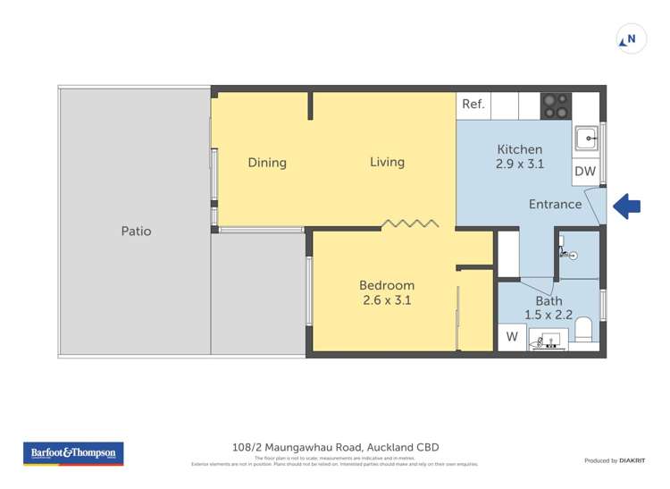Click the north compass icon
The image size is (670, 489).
[632, 39]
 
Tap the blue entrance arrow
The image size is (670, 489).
[627, 207]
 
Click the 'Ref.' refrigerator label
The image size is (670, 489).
[473, 105]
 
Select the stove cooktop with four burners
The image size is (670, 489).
[556, 105]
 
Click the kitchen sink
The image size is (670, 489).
[586, 138]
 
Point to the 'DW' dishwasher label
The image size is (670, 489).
[584, 171]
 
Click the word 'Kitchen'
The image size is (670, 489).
[519, 149]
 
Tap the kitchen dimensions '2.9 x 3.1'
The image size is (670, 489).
[519, 164]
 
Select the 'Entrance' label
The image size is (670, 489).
[555, 204]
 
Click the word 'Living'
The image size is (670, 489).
[387, 162]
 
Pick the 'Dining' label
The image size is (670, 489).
[267, 163]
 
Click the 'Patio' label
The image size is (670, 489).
[136, 231]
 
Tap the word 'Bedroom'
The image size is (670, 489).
[387, 285]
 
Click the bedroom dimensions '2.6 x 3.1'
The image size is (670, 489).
[387, 300]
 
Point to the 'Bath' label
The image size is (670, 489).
[549, 301]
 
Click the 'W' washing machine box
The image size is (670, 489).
[512, 337]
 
